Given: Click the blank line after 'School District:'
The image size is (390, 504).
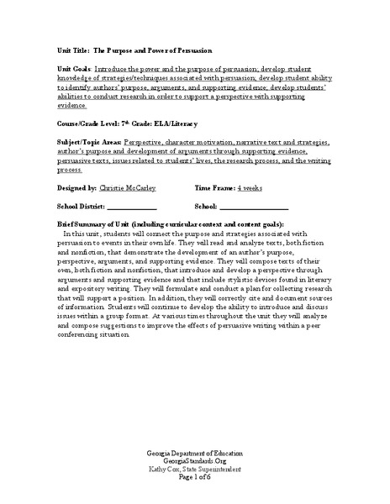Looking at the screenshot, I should tap(132, 207).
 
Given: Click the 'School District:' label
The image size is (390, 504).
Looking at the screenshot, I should tap(81, 206).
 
